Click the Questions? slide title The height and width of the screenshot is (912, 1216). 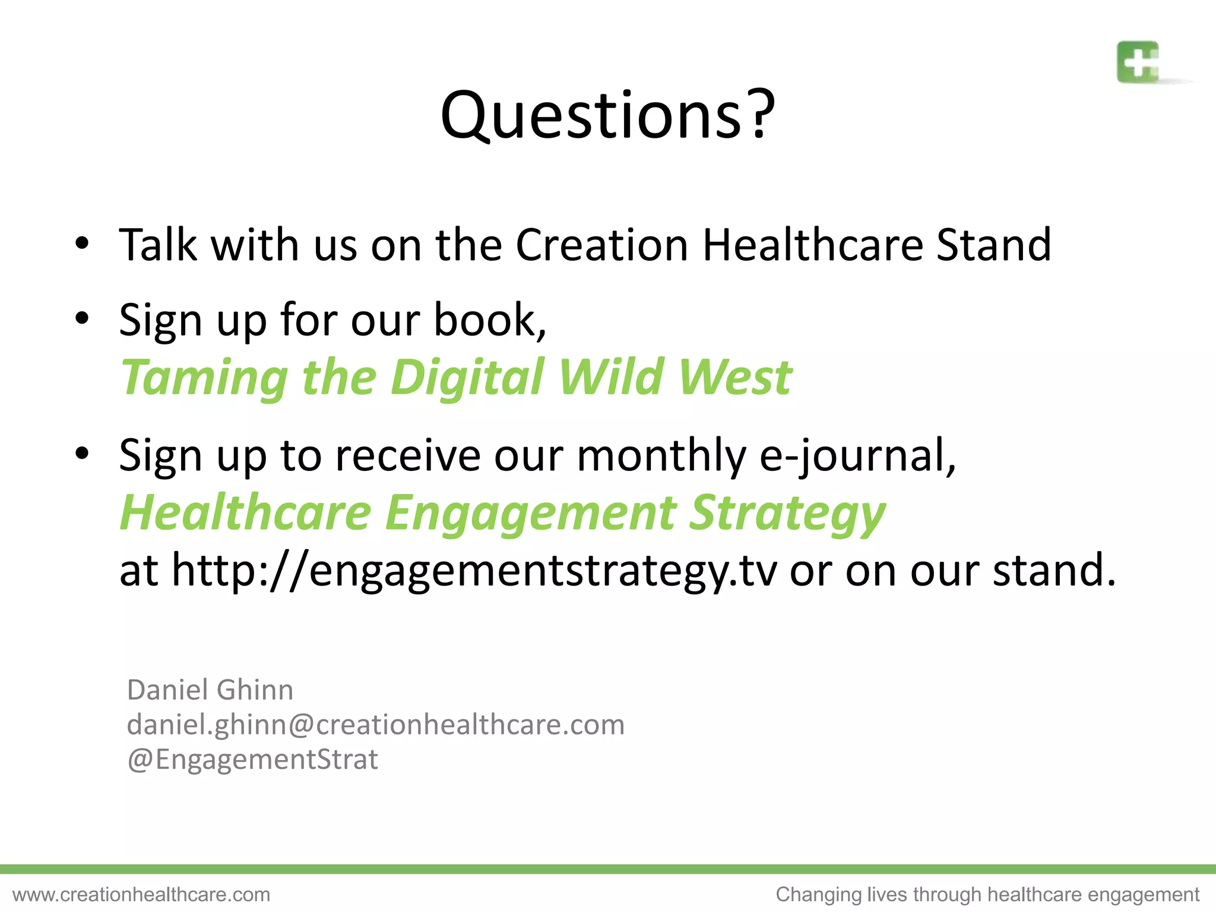[607, 115]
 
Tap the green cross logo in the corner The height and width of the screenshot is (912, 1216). [1138, 62]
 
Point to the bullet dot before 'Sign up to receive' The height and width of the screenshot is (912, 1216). [82, 454]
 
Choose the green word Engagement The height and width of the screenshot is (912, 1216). [530, 512]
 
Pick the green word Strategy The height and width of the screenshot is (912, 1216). [787, 514]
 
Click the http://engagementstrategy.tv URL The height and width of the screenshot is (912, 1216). [474, 570]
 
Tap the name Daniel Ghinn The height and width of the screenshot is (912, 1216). [210, 690]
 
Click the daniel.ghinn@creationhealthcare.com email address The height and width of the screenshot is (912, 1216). [375, 724]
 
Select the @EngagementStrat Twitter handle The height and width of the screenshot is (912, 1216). [252, 759]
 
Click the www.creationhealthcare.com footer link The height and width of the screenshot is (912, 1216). [141, 894]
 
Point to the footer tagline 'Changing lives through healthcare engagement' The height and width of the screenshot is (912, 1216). [987, 894]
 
